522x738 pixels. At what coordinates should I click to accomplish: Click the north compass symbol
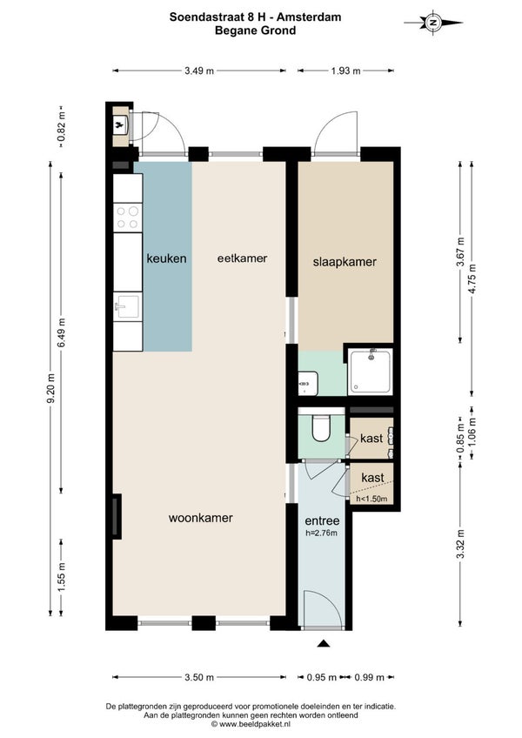tap(433, 22)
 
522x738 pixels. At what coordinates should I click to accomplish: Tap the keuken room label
tap(167, 258)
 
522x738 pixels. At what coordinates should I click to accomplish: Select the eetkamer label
tap(242, 258)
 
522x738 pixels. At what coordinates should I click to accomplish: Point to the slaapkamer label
tap(345, 262)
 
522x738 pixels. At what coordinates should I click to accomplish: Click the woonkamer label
tap(200, 518)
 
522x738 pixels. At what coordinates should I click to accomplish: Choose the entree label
tap(322, 520)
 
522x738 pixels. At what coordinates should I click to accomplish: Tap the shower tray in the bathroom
tap(370, 372)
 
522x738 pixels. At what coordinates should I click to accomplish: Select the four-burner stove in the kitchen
tap(128, 218)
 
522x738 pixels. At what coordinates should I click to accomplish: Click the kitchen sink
tap(128, 306)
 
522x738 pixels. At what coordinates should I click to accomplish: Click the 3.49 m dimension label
tap(199, 71)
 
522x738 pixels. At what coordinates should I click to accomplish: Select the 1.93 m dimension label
tap(345, 71)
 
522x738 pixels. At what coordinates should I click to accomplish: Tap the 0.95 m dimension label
tap(322, 677)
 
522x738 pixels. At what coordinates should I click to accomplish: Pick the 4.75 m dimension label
tap(472, 278)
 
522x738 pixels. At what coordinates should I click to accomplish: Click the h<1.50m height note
tap(371, 499)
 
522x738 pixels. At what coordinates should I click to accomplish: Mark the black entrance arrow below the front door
tap(323, 644)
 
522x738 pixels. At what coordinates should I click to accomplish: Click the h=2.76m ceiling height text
tap(322, 533)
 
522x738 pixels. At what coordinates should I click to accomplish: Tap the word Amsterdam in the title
tap(309, 17)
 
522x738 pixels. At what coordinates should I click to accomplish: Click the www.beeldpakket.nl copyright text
tap(251, 724)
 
